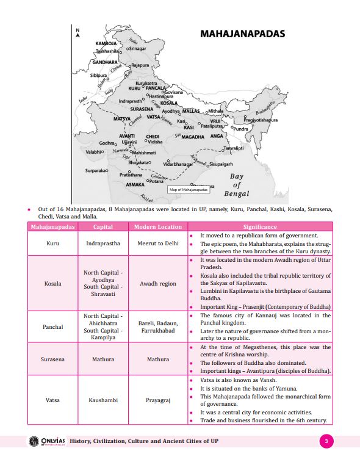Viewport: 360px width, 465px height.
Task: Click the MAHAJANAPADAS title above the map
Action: pos(242,34)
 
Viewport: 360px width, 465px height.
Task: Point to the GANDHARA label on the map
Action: pos(105,62)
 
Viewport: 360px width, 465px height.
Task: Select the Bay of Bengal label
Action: pos(237,185)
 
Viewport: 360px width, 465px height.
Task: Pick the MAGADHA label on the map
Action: pos(192,137)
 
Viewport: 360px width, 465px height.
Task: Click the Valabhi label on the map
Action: pos(93,151)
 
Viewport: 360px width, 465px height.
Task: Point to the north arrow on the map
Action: pos(77,34)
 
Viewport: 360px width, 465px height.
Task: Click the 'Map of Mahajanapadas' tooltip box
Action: pos(189,190)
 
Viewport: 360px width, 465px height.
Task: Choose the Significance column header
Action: pos(260,227)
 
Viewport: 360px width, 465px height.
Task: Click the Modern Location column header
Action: pos(158,227)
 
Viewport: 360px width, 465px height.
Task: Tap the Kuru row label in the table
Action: pos(53,243)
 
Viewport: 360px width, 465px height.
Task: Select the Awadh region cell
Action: pos(158,283)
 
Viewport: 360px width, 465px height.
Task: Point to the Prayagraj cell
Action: pos(158,400)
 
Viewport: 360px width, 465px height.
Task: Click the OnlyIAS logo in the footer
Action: pos(46,441)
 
